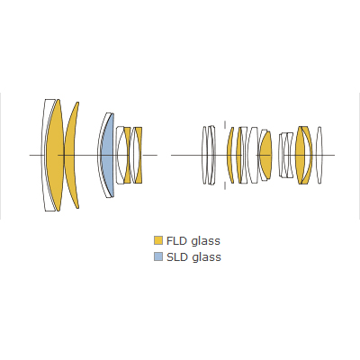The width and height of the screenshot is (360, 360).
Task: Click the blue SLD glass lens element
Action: click(109, 156)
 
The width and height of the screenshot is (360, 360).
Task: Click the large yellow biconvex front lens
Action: click(56, 155)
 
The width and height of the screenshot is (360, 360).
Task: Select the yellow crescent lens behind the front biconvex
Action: click(71, 155)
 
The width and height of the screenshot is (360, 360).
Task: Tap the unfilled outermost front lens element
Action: click(48, 155)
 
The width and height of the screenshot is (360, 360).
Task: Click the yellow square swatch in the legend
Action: click(158, 240)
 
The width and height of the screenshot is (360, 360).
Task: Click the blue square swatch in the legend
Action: click(158, 256)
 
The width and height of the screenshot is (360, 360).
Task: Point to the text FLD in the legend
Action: click(177, 240)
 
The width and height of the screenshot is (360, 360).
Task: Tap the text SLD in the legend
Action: click(177, 256)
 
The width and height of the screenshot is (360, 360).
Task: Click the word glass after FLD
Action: click(206, 241)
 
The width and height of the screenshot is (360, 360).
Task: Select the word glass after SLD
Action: click(206, 257)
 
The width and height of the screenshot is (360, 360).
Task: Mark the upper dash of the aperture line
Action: click(225, 125)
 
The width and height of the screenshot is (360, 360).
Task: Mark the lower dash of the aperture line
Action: click(225, 185)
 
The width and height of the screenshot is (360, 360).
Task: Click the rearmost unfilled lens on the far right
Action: click(319, 155)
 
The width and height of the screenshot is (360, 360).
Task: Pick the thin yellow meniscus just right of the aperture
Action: click(229, 155)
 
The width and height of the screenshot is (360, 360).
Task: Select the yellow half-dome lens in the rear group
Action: click(265, 155)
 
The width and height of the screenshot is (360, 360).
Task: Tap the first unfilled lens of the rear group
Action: click(205, 155)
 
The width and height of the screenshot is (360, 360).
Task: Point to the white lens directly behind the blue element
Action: click(120, 155)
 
